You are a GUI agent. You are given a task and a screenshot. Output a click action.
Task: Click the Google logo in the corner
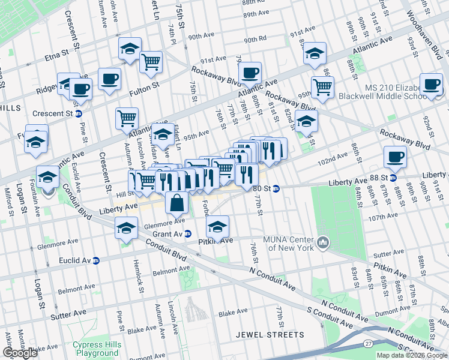(20, 353)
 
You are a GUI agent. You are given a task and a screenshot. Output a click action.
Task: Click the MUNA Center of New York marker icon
(324, 242)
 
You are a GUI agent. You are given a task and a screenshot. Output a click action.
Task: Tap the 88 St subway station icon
(393, 177)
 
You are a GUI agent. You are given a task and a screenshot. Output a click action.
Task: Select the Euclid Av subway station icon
(95, 261)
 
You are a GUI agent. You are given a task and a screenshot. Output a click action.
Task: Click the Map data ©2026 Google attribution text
(412, 355)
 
